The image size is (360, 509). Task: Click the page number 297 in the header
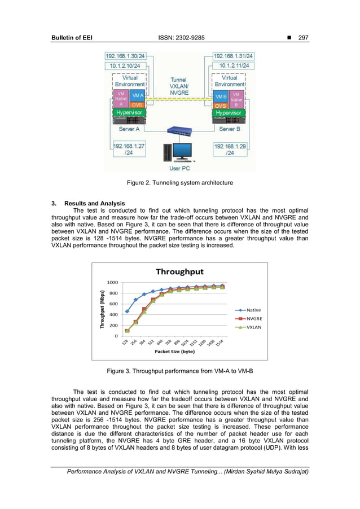coord(302,38)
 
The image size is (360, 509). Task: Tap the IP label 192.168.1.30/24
coord(126,56)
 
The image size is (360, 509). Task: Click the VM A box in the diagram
coord(138,96)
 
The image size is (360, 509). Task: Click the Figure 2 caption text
coord(179,182)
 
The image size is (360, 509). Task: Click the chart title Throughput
coord(180,272)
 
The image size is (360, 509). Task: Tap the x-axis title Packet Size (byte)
coord(174,351)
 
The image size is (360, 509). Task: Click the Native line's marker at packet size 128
coord(127,311)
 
